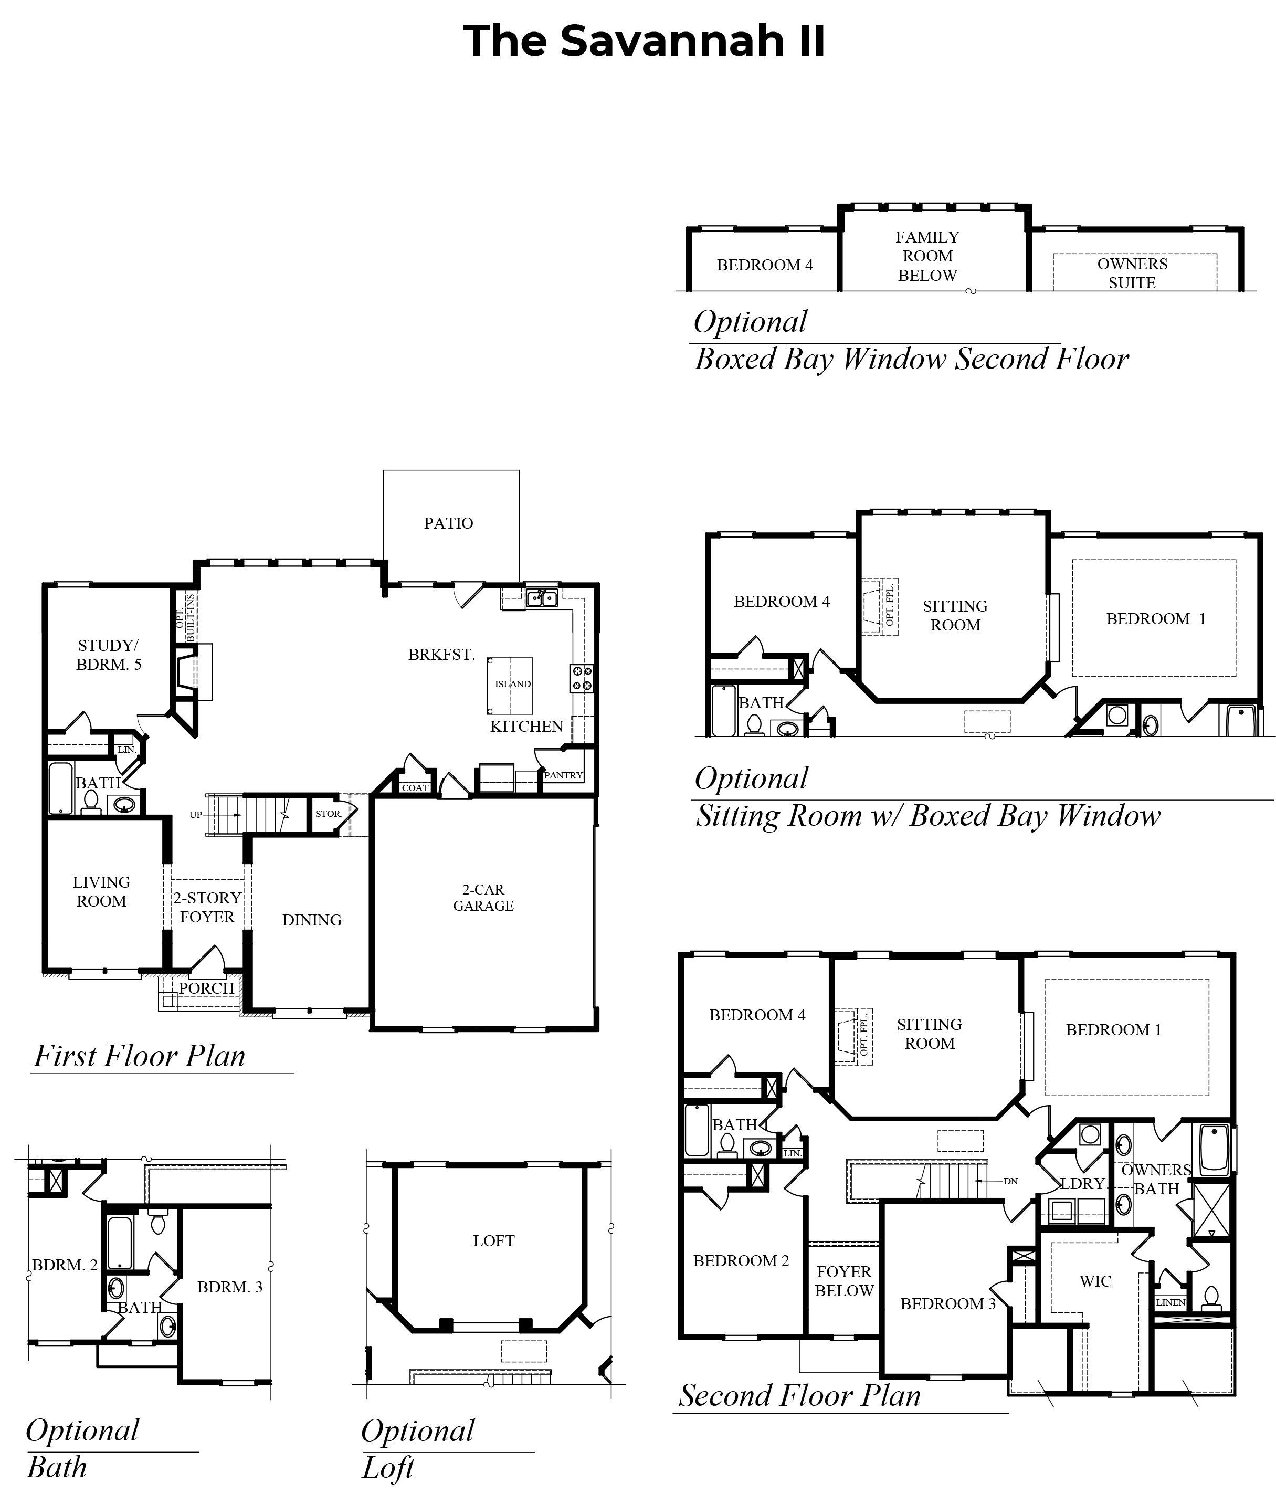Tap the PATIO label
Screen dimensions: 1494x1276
(448, 523)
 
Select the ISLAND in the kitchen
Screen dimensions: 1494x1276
(512, 683)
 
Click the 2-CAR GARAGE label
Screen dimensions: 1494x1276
(483, 898)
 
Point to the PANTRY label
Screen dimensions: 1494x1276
(563, 775)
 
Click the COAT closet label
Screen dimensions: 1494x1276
(415, 788)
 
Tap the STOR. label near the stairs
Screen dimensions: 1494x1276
(328, 813)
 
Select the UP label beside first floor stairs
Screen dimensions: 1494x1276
(195, 815)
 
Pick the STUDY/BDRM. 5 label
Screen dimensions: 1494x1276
(109, 655)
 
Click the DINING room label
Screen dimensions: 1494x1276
(311, 920)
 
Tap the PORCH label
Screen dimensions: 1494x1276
(206, 988)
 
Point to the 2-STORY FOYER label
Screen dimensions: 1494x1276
(207, 907)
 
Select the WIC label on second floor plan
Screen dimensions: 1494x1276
(1095, 1281)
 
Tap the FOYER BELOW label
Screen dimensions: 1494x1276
(843, 1281)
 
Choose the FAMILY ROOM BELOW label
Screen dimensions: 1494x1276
(927, 256)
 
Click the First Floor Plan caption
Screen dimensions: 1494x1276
(140, 1056)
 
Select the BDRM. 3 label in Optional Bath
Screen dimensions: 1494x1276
(230, 1287)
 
